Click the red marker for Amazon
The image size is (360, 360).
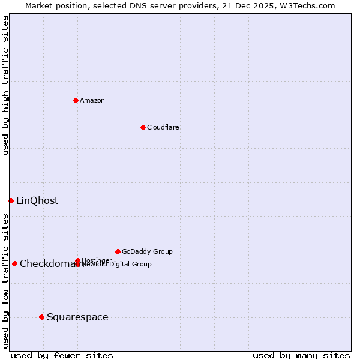[x=76, y=100]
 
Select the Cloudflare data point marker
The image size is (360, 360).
[x=143, y=127]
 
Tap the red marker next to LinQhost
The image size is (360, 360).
[x=11, y=200]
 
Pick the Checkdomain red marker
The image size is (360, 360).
[x=14, y=263]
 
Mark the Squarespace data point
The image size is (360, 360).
[x=41, y=317]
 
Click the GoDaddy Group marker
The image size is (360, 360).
[x=118, y=251]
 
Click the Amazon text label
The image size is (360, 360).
[x=92, y=100]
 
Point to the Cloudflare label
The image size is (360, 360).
[x=163, y=127]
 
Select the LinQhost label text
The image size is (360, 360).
[x=37, y=201]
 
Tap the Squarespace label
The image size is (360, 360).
[x=77, y=317]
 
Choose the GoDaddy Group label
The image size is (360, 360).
[x=147, y=251]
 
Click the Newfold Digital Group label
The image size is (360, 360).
[x=118, y=264]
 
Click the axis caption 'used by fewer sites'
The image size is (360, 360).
[x=62, y=355]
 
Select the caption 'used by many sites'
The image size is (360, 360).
[x=301, y=355]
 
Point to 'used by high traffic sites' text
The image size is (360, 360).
[x=5, y=85]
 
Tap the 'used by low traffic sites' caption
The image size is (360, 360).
[x=5, y=280]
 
